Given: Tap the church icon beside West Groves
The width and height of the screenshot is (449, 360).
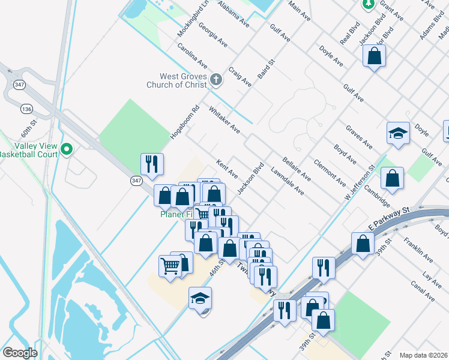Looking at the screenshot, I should (216, 78).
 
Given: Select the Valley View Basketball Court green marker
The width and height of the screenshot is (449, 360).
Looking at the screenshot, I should (67, 148).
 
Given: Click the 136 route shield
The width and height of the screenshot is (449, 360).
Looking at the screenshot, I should (26, 109).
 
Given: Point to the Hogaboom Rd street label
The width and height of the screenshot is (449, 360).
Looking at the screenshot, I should (184, 122).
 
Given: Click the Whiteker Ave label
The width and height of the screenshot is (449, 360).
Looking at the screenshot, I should (224, 120).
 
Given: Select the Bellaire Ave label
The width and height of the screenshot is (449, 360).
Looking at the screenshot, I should (297, 167).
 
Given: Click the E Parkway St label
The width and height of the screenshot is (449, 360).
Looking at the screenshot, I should (388, 219).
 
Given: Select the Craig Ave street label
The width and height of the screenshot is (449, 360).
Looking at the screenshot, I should (240, 77).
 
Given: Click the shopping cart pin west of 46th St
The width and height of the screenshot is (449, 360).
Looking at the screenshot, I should (170, 266).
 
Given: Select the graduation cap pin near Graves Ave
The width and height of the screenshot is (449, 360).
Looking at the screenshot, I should (397, 133).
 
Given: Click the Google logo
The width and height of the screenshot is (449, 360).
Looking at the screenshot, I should (20, 353).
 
